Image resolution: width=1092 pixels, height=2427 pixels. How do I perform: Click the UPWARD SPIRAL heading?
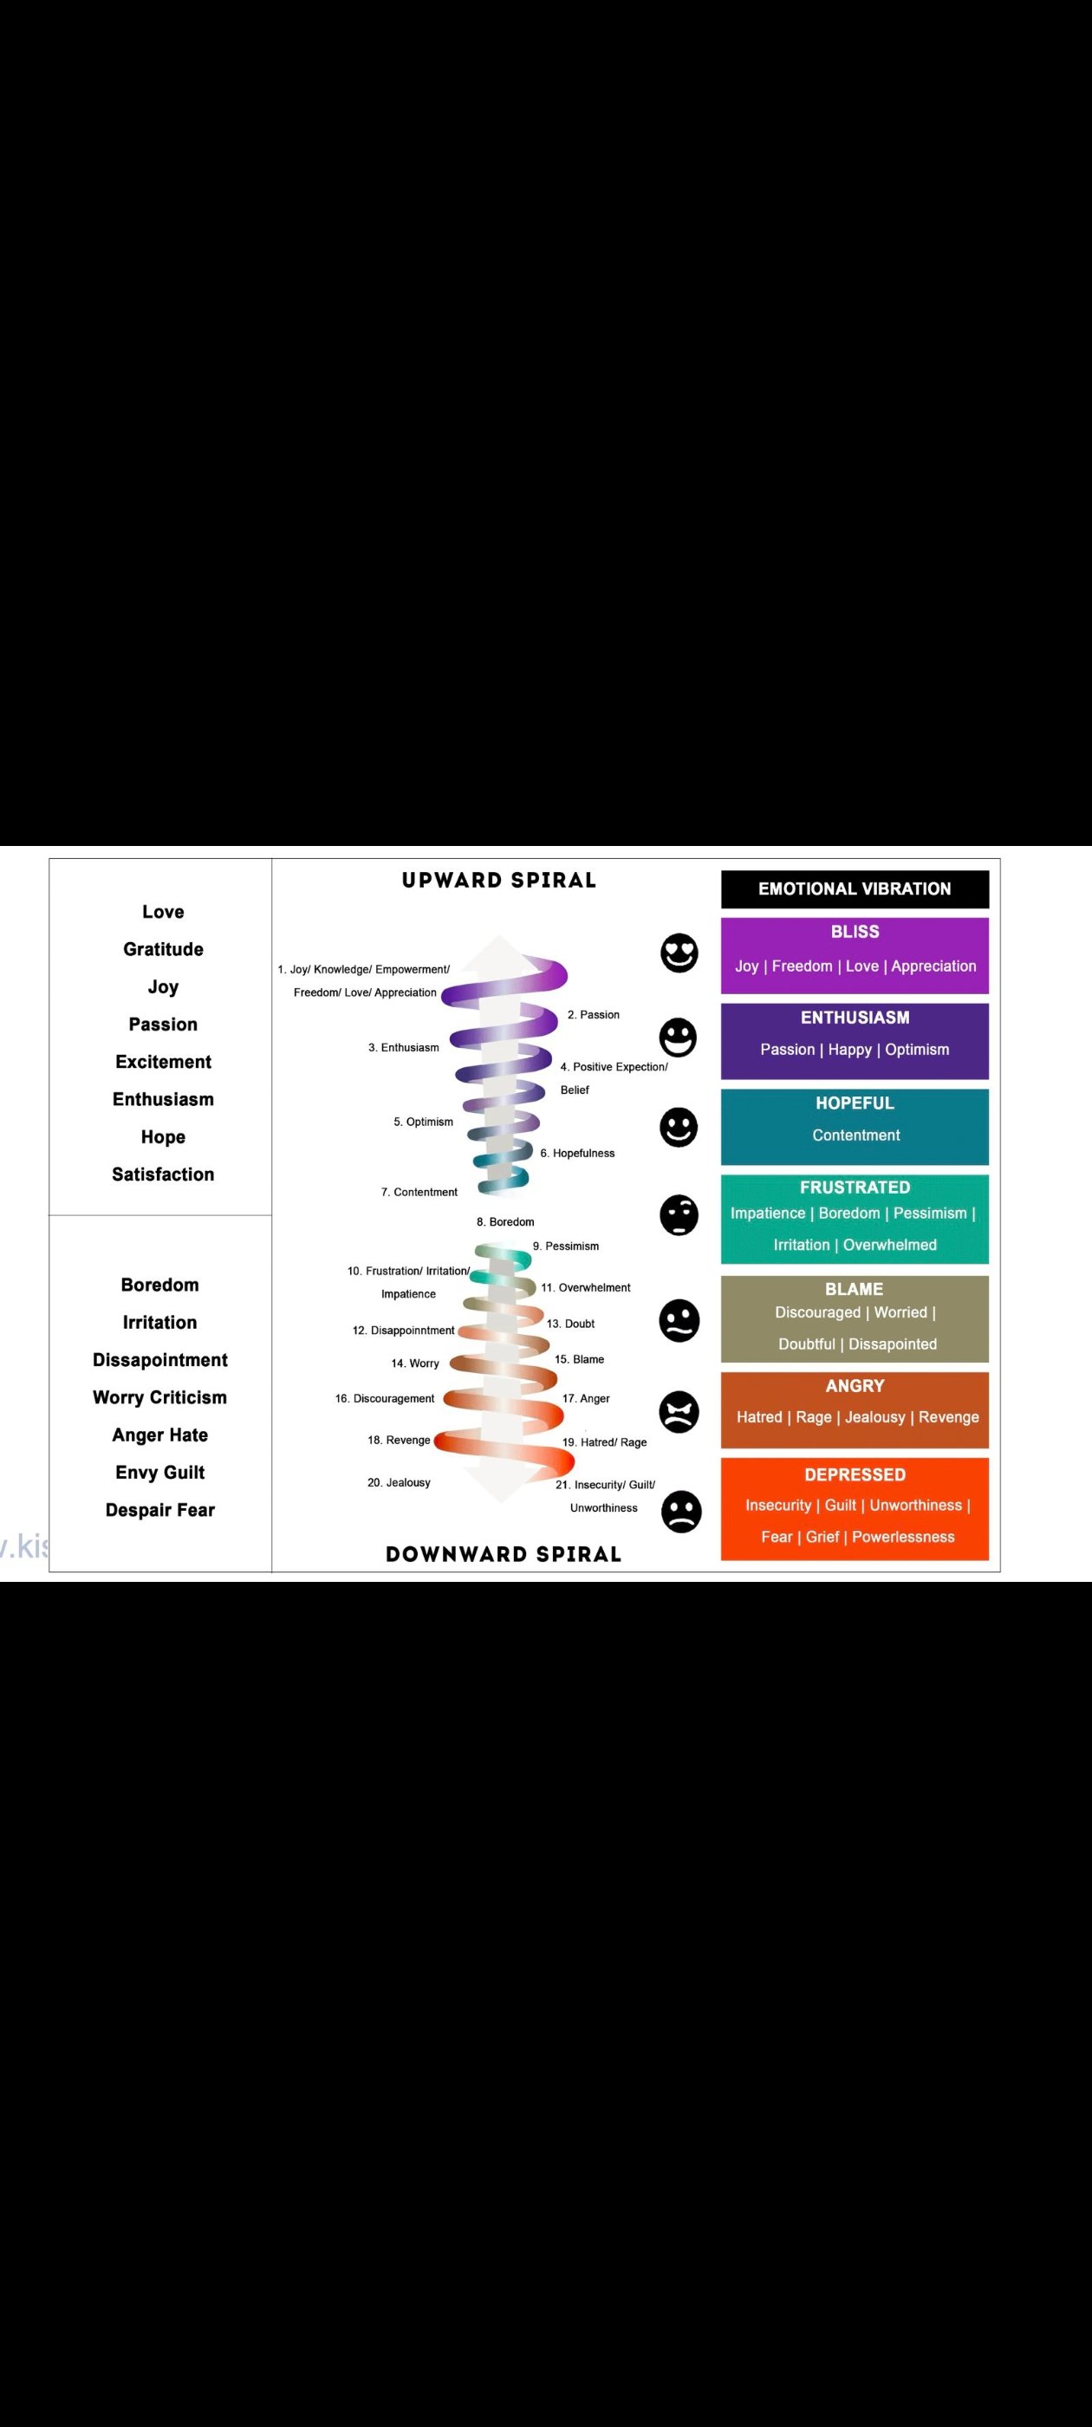[x=499, y=880]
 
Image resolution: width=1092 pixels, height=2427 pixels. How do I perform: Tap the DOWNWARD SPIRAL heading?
[x=504, y=1554]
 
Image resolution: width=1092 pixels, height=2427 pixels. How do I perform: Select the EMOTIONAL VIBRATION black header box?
[x=855, y=888]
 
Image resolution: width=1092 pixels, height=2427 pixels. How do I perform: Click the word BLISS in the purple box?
[x=855, y=932]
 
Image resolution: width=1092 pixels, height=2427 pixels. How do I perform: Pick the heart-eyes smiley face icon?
[x=679, y=953]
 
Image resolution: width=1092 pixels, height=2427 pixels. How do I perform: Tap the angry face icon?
[x=679, y=1411]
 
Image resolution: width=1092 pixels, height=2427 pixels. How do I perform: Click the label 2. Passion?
[x=594, y=1015]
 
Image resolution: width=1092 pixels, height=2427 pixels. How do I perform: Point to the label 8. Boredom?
[x=505, y=1222]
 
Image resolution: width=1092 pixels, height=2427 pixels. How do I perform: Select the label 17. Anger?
[x=586, y=1398]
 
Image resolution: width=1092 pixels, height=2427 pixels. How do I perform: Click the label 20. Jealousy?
[x=399, y=1483]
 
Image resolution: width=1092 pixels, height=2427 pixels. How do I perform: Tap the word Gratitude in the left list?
[x=163, y=950]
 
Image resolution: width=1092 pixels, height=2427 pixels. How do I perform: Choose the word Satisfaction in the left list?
[x=163, y=1174]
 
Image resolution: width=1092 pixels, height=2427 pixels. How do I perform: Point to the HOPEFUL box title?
[x=855, y=1103]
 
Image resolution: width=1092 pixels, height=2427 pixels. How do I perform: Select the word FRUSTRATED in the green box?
[x=855, y=1187]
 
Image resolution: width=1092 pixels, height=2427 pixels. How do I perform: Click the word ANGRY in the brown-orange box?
[x=855, y=1386]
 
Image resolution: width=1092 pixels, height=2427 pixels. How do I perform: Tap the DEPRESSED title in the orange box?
[x=855, y=1475]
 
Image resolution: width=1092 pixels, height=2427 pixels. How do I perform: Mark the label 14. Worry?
[x=414, y=1363]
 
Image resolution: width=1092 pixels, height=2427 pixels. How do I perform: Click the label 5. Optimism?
[x=423, y=1122]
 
